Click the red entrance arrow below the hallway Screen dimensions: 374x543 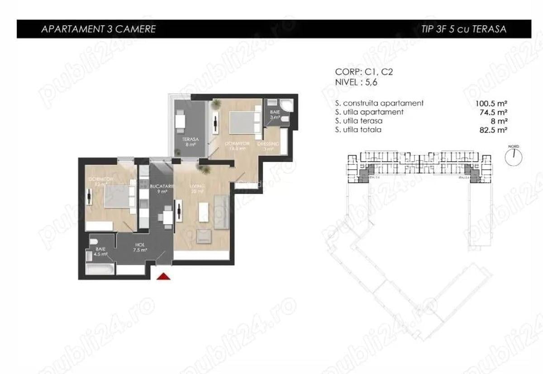tap(163, 276)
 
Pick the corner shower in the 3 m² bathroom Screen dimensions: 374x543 tap(286, 105)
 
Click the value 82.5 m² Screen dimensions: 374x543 tap(490, 130)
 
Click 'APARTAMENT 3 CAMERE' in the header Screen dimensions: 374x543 tap(98, 29)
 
